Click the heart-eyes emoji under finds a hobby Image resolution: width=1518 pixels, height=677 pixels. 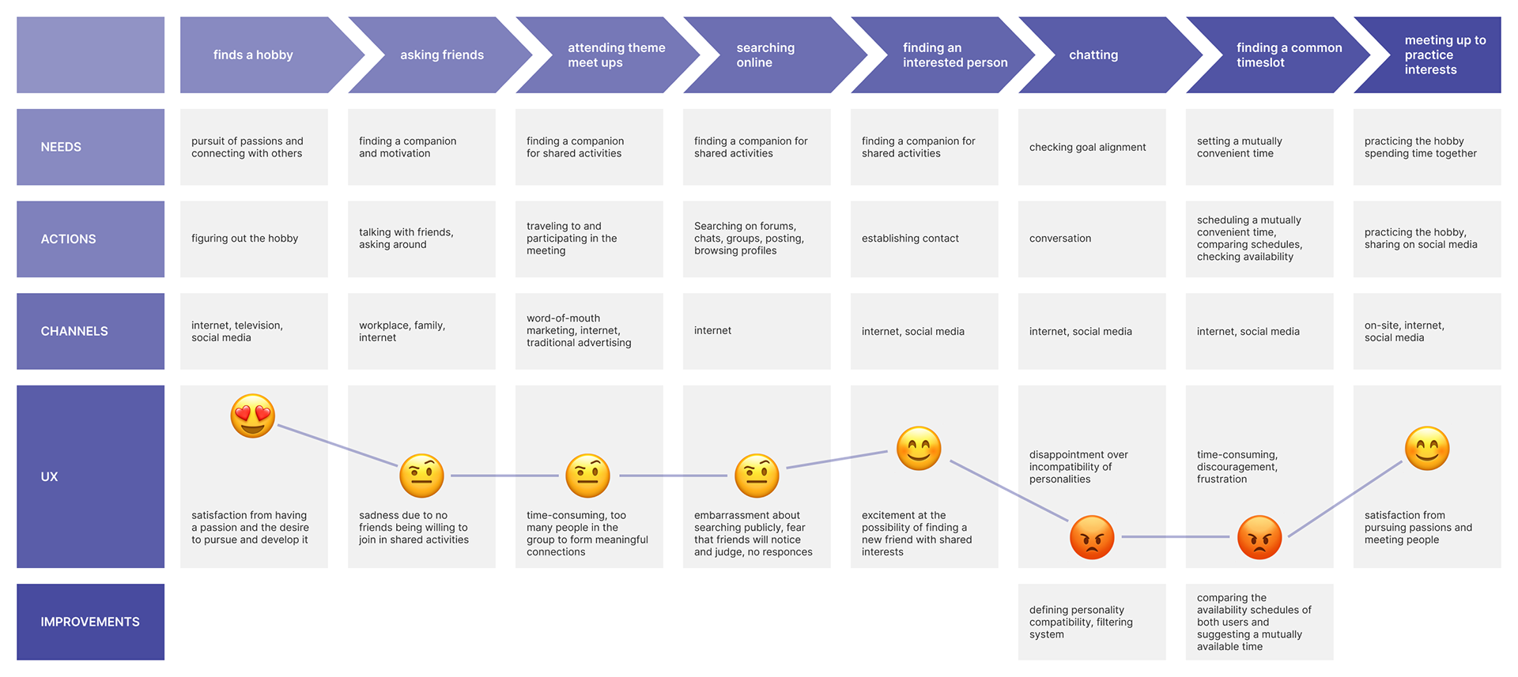(x=253, y=416)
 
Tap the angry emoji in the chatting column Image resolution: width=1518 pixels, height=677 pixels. (x=1092, y=537)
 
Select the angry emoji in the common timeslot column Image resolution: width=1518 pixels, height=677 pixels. (x=1259, y=537)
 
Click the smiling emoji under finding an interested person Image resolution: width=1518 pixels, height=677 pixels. (x=919, y=449)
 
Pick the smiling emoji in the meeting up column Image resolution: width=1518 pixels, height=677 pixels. (x=1427, y=449)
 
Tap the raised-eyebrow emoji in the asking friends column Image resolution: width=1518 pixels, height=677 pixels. (x=421, y=476)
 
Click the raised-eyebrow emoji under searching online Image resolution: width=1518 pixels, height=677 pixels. (x=757, y=476)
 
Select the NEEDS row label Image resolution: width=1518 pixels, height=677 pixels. (x=91, y=147)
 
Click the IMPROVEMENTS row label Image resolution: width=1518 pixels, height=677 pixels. (x=91, y=622)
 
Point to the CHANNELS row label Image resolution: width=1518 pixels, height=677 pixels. (x=91, y=331)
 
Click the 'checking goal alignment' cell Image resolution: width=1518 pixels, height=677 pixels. (x=1092, y=147)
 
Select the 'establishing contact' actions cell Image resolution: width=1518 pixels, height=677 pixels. (x=924, y=239)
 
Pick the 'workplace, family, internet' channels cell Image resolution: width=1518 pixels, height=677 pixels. (x=421, y=331)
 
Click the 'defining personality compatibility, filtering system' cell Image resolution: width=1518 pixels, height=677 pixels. (x=1092, y=622)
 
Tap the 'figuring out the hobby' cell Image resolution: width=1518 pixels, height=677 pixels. (x=254, y=239)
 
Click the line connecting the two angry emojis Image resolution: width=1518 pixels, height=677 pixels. (x=1176, y=537)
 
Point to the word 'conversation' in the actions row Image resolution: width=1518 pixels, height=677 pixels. (x=1060, y=239)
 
